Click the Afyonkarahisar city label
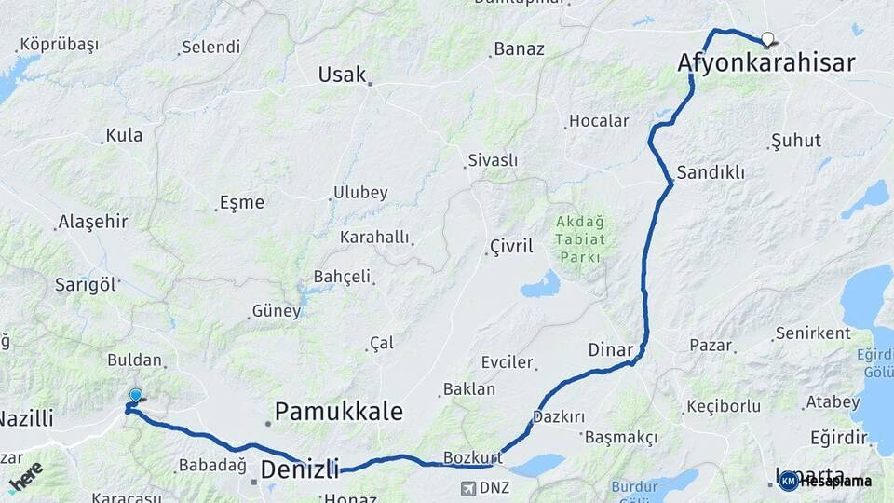[766, 63]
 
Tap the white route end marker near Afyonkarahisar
[767, 39]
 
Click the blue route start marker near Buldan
[136, 396]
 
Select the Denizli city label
[299, 469]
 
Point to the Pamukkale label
[339, 412]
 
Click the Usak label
[342, 75]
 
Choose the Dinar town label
[610, 350]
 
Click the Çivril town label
[511, 247]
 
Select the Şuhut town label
[796, 141]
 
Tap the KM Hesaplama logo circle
[788, 481]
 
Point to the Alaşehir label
[92, 222]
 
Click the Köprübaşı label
[59, 45]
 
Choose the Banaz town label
[519, 48]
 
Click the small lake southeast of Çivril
[540, 285]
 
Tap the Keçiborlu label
[724, 406]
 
